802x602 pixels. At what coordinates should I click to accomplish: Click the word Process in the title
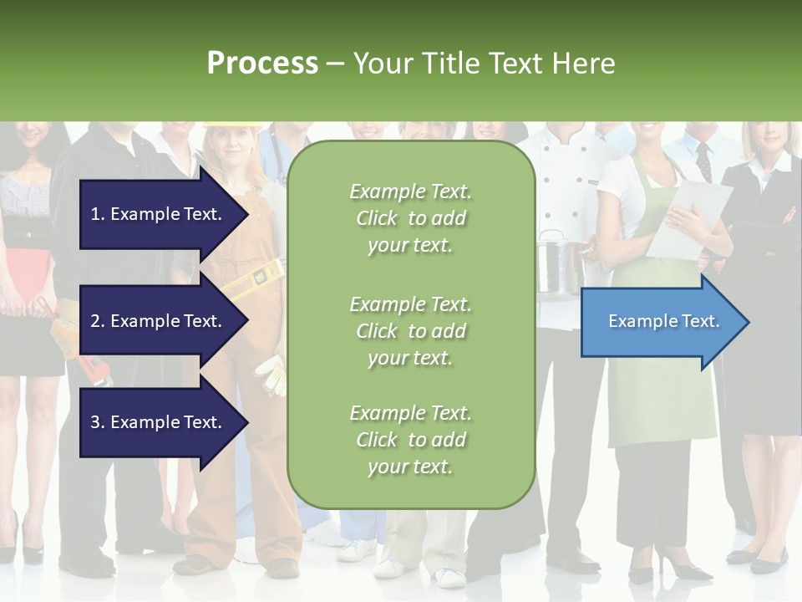(x=262, y=64)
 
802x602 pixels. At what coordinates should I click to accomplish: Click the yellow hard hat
(x=231, y=126)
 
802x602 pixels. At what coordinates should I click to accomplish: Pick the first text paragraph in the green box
(x=410, y=218)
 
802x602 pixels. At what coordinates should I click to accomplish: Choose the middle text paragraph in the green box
(x=410, y=331)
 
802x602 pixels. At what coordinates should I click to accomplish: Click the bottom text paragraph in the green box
(x=410, y=440)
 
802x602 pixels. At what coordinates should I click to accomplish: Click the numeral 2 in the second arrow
(x=95, y=321)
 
